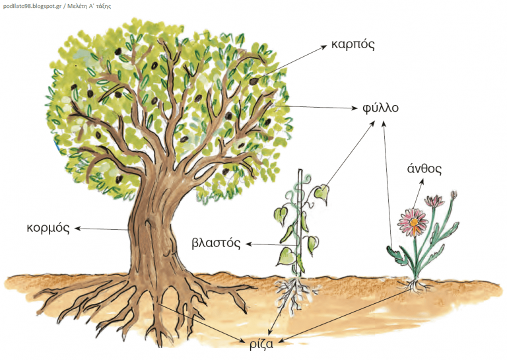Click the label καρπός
click(x=353, y=46)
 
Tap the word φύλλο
click(x=380, y=108)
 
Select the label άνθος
click(x=424, y=168)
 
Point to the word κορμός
click(x=48, y=229)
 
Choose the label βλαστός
click(x=216, y=243)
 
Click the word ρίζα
click(x=261, y=344)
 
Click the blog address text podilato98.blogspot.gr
click(x=32, y=6)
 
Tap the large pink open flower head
click(x=413, y=222)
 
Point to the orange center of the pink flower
click(x=413, y=222)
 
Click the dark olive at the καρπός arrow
click(x=253, y=81)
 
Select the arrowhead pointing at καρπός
click(x=324, y=47)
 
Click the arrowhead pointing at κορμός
click(x=78, y=229)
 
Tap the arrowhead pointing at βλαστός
click(x=248, y=244)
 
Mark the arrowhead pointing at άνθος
click(x=422, y=182)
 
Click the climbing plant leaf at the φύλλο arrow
click(x=322, y=194)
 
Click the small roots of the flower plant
click(x=415, y=286)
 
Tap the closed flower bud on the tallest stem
click(x=454, y=194)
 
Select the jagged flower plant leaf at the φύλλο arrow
click(x=397, y=256)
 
